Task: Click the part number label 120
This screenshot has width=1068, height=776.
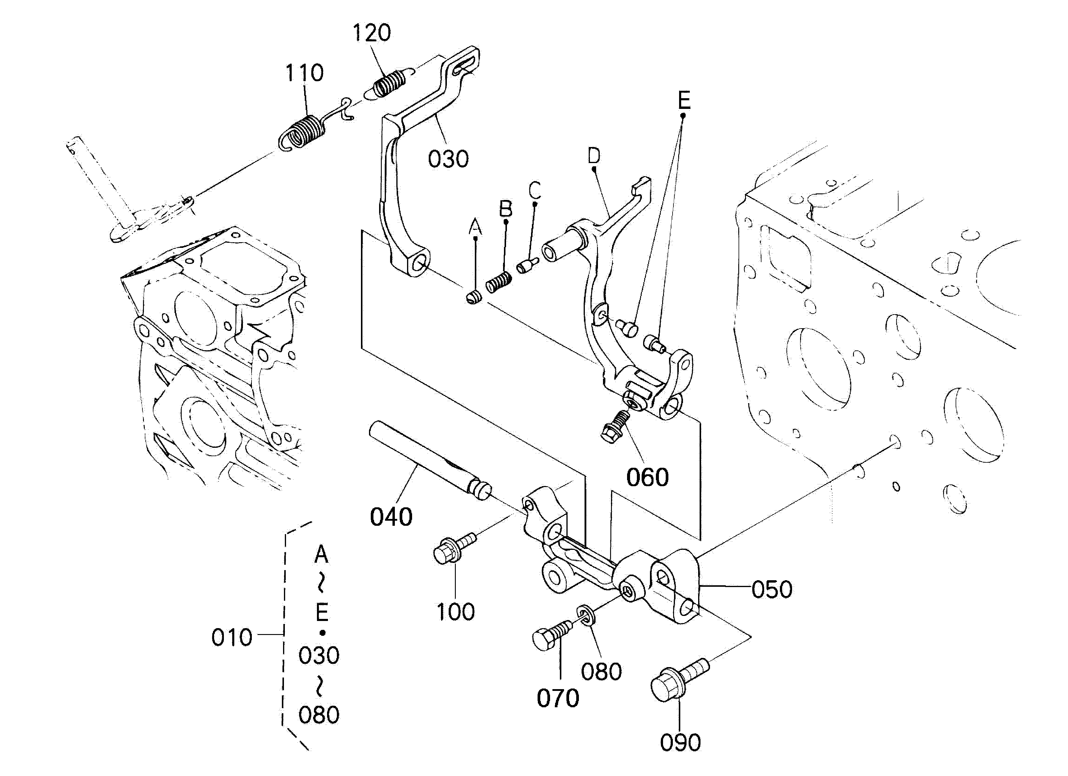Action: pos(372,33)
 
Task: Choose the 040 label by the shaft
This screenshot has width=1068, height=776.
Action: pos(391,517)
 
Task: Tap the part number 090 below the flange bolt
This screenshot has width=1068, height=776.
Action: pos(680,743)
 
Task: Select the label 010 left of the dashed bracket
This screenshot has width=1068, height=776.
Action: pos(232,637)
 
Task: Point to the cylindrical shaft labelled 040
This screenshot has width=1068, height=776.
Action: pos(428,462)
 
